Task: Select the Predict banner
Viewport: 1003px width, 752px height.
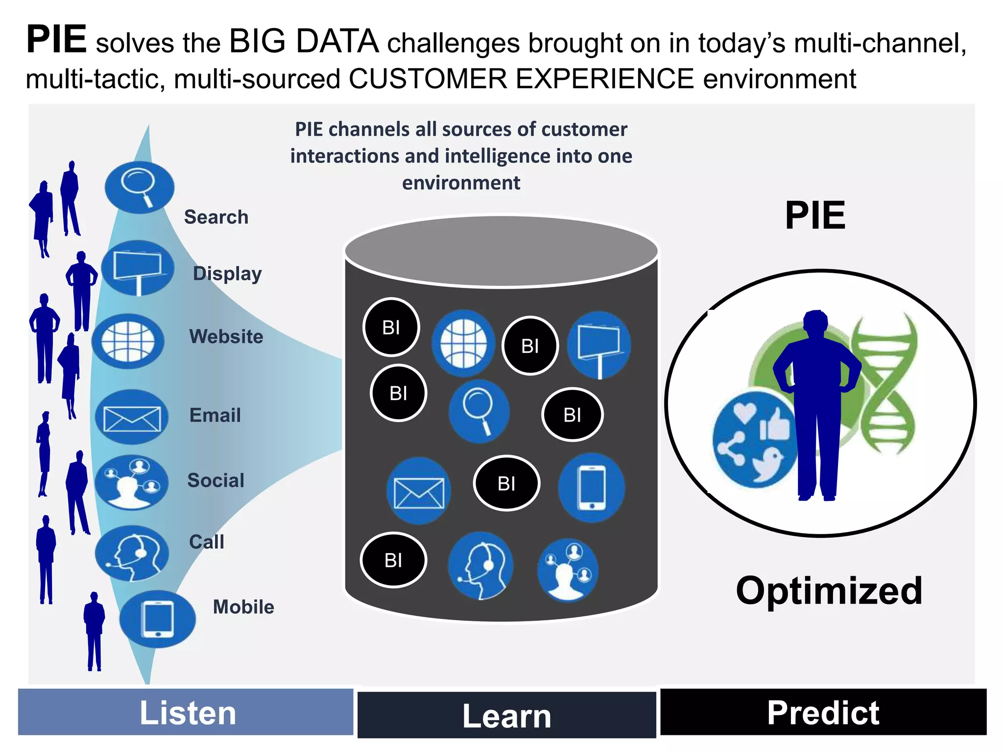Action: pyautogui.click(x=823, y=712)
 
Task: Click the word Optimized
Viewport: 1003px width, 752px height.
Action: pyautogui.click(x=829, y=591)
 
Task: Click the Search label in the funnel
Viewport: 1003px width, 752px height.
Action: pyautogui.click(x=216, y=217)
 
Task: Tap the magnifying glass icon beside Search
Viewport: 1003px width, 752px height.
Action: pyautogui.click(x=139, y=188)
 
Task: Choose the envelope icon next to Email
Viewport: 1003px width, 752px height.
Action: pyautogui.click(x=132, y=418)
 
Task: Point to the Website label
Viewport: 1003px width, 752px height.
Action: pyautogui.click(x=226, y=336)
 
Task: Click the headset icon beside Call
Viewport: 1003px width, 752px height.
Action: pyautogui.click(x=132, y=554)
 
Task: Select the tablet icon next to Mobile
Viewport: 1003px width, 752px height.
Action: pyautogui.click(x=157, y=619)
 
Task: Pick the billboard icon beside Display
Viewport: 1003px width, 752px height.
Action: pyautogui.click(x=138, y=268)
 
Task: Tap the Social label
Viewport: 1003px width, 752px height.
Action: pyautogui.click(x=215, y=480)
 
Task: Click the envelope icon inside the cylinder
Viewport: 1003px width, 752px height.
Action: pyautogui.click(x=419, y=491)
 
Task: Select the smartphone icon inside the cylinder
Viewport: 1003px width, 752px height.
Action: pyautogui.click(x=592, y=488)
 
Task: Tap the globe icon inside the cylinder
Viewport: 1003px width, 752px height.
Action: pyautogui.click(x=463, y=343)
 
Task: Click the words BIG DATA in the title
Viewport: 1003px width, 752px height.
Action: pyautogui.click(x=304, y=41)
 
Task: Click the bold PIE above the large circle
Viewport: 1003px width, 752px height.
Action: pyautogui.click(x=815, y=216)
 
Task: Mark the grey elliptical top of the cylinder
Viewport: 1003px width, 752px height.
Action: pyautogui.click(x=501, y=251)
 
